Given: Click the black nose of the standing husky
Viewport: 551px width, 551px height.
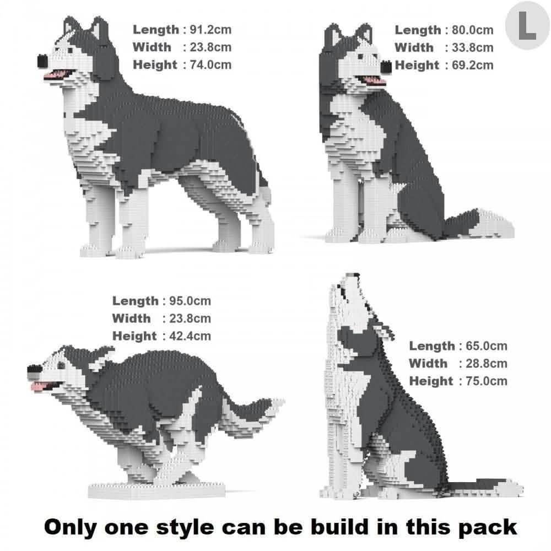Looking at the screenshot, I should pyautogui.click(x=42, y=60).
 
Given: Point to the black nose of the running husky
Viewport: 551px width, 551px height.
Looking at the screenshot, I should pyautogui.click(x=32, y=373).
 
